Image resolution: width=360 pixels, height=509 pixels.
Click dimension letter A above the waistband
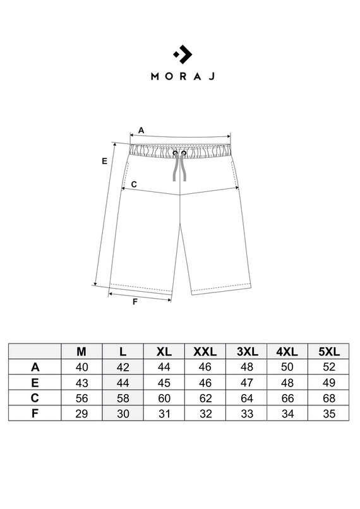click(141, 129)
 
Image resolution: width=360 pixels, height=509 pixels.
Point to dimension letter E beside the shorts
click(104, 161)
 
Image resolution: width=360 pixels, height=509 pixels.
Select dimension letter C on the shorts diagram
click(134, 184)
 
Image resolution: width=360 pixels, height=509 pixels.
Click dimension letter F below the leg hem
click(135, 301)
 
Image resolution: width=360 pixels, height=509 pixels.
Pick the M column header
click(81, 351)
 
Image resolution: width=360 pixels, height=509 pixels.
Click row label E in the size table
click(35, 382)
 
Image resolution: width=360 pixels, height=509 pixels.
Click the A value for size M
click(81, 367)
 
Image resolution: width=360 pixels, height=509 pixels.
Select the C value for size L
click(123, 397)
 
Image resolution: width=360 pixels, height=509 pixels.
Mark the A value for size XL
click(164, 367)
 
